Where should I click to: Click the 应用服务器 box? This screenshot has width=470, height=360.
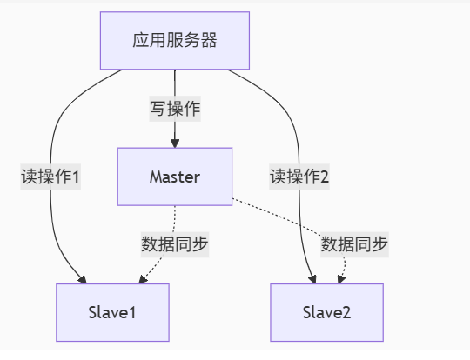pos(175,41)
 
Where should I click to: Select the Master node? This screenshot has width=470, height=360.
pos(175,177)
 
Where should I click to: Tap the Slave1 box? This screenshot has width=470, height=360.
pos(112,312)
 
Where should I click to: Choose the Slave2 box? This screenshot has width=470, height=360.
pos(326,312)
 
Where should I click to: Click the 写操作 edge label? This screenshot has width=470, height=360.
pos(175,109)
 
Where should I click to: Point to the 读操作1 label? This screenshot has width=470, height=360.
pos(50,177)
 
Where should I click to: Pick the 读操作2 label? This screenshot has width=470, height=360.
pos(299,177)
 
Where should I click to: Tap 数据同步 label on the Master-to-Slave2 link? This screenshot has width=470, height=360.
pos(354,244)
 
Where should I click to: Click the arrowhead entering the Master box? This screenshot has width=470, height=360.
pos(175,143)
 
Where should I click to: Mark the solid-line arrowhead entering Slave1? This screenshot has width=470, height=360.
pos(83,279)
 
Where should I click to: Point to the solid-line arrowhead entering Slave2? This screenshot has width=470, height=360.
pos(312,279)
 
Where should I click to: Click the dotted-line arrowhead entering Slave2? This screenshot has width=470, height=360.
pos(342,279)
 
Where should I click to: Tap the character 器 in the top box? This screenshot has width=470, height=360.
pos(209,41)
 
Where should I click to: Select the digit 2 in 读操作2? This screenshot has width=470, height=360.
pos(325,177)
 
